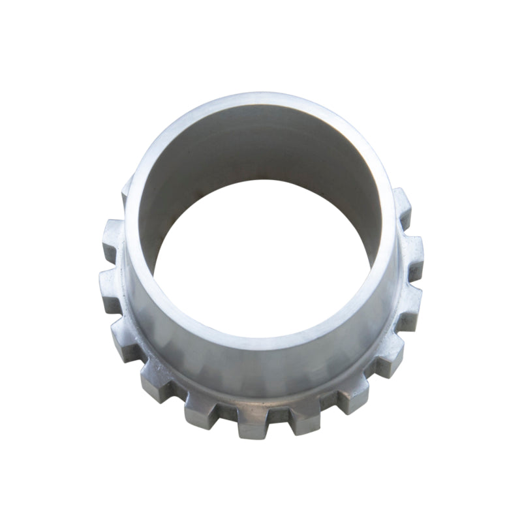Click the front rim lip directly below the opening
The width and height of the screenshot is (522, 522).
pyautogui.click(x=261, y=343)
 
